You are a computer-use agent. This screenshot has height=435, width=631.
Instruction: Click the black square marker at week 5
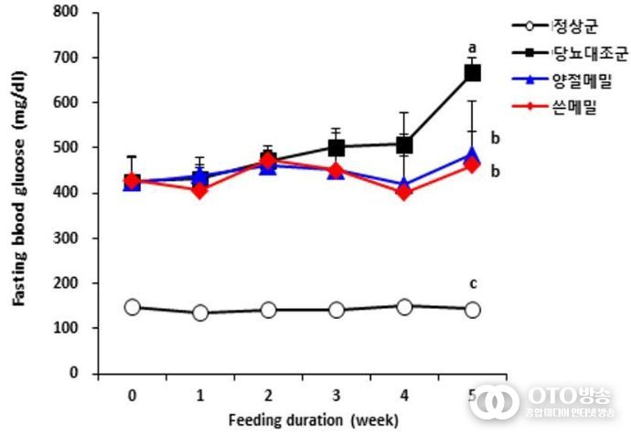(473, 73)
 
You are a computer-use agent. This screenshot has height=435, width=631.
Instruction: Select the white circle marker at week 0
(133, 307)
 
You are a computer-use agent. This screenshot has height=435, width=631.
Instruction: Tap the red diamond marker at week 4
(404, 192)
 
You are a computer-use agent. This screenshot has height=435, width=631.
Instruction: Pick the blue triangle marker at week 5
(473, 155)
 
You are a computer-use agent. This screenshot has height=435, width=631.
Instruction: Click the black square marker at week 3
(337, 147)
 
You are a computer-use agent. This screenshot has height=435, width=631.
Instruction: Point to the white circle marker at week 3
(337, 310)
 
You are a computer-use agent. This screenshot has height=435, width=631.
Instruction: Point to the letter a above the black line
(473, 47)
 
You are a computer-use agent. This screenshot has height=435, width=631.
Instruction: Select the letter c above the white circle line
(473, 283)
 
